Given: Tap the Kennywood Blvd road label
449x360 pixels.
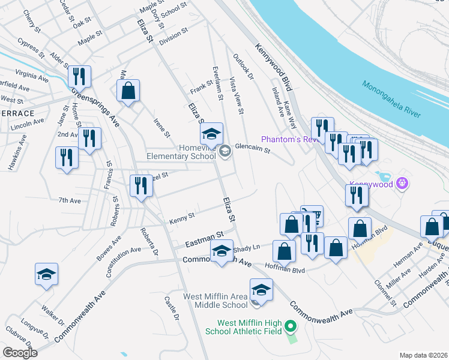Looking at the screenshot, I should tap(273, 67).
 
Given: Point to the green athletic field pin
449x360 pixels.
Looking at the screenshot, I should tap(291, 327).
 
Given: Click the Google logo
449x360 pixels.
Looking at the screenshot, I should tap(20, 353).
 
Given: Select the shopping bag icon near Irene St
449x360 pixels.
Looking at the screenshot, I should tap(128, 92).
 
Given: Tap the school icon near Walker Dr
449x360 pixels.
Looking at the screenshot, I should tap(46, 274).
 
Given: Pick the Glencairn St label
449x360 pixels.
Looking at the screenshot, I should tap(253, 147).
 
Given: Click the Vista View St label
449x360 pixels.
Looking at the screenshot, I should tap(237, 95).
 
